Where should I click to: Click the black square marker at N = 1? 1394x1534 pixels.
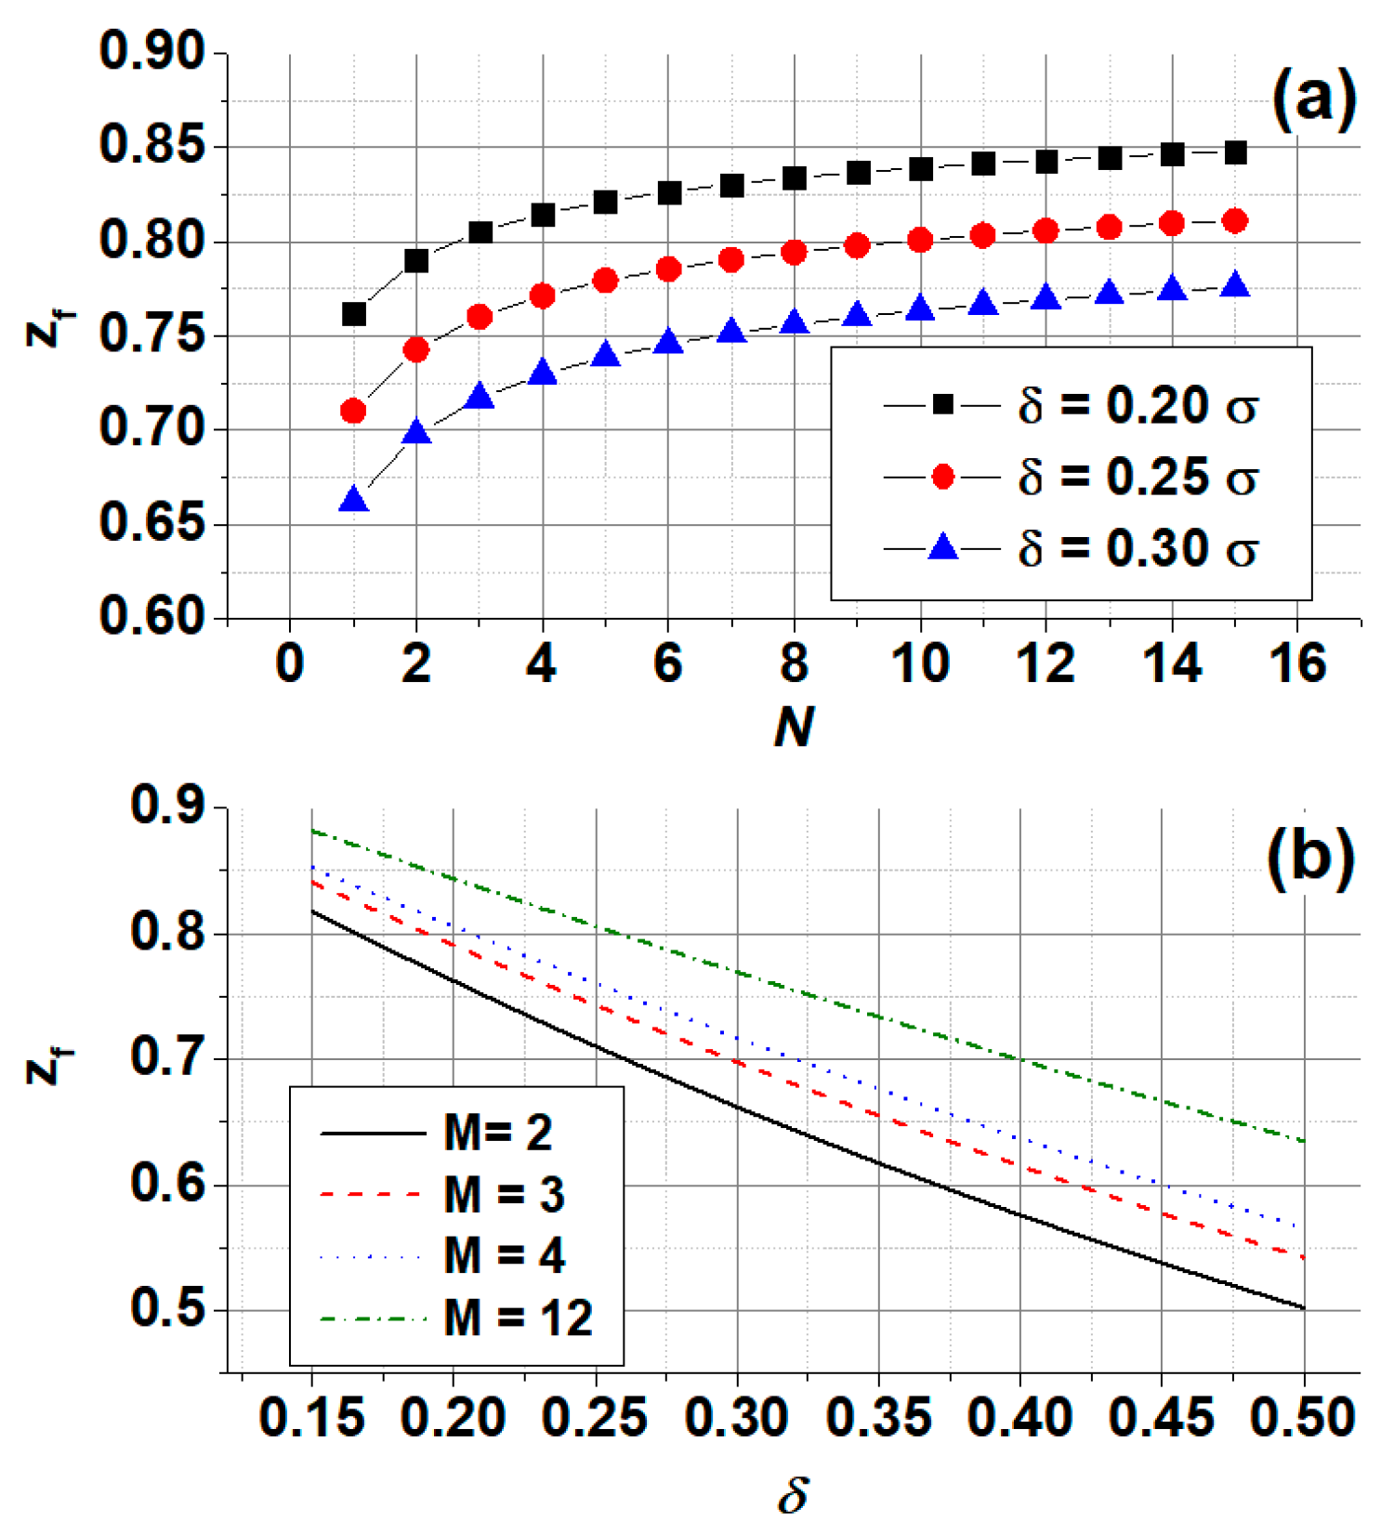353,314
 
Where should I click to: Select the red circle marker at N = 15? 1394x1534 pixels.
1235,220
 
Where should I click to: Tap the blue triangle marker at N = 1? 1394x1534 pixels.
353,501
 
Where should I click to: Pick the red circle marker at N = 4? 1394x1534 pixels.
543,296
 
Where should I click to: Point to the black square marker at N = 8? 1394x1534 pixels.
795,177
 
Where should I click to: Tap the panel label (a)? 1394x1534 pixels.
1313,97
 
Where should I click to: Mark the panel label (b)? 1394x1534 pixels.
1309,856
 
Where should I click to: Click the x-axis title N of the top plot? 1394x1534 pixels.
795,726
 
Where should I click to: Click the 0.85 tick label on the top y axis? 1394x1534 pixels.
151,146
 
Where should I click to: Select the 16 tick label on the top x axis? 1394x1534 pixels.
1297,663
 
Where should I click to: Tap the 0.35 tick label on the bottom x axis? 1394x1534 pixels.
878,1418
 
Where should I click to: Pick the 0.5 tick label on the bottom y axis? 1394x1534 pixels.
167,1308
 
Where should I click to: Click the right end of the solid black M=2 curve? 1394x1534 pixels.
1304,1308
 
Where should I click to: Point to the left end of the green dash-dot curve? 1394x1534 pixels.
313,831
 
